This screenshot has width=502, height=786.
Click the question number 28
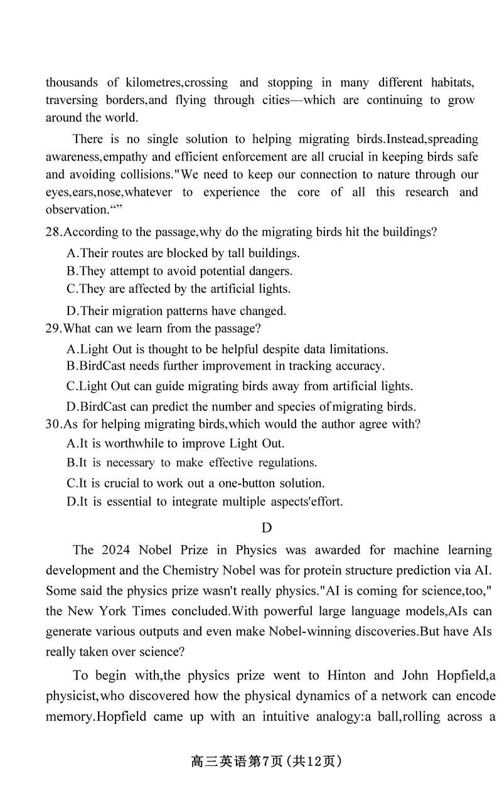point(53,232)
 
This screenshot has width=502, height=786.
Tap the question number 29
point(53,328)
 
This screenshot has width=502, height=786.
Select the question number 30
point(53,424)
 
